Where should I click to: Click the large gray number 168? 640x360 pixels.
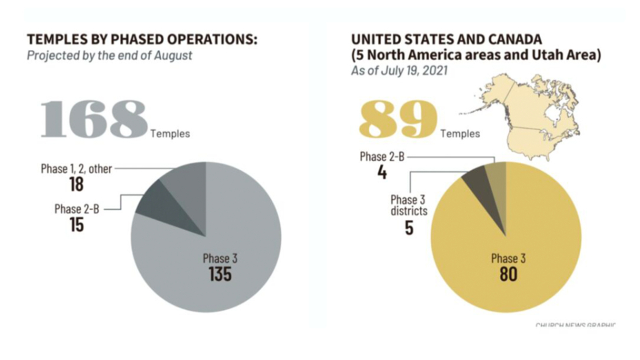coord(94,119)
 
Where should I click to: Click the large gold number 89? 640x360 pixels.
coord(398,119)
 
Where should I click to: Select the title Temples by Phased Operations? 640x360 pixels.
coord(141,40)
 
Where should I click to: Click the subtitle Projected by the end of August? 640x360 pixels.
coord(109,55)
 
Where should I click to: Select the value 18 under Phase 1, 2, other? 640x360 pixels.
coord(76,184)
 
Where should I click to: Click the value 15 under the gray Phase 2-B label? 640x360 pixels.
coord(76,225)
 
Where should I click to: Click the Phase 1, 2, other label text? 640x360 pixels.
coord(76,169)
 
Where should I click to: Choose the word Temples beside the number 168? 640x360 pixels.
coord(170,133)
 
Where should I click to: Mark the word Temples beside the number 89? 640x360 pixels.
coord(460,133)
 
